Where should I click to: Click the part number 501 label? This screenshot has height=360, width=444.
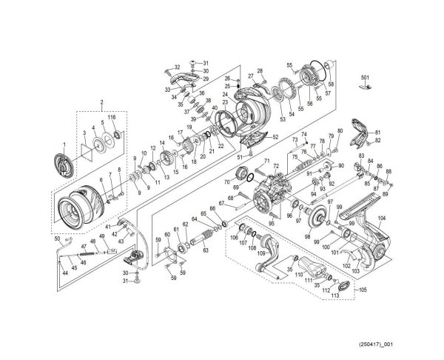pos(364,77)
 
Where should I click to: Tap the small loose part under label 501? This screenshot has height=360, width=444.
pos(363,87)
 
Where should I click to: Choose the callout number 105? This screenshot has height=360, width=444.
pos(362,290)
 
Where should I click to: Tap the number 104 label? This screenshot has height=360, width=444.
pos(382,218)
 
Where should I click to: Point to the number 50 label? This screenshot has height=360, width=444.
pos(58,239)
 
